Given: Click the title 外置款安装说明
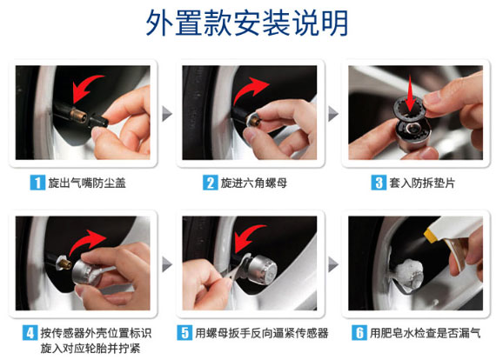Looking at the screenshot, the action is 247,23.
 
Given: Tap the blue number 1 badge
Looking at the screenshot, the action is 37,183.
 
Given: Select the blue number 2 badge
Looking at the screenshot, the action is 210,183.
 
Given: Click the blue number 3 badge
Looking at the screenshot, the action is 379,183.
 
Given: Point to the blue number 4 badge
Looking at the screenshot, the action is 30,333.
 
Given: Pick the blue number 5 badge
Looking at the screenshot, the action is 184,333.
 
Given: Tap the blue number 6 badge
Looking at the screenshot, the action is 359,333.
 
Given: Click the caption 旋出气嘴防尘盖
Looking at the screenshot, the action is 87,183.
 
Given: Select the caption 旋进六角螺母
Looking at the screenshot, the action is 254,183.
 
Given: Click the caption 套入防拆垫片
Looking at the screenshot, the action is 422,183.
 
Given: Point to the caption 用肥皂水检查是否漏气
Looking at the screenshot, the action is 426,333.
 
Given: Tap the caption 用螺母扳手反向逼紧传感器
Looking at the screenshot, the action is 262,333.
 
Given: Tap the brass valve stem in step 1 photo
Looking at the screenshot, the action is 78,115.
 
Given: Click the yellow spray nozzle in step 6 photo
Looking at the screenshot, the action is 430,237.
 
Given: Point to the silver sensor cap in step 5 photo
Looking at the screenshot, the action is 262,270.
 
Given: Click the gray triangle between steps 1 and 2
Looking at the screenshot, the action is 167,114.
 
